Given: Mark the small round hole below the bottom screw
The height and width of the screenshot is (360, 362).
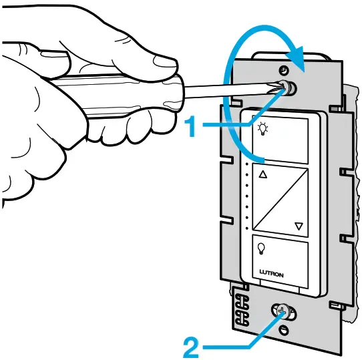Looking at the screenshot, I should click(285, 329).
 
